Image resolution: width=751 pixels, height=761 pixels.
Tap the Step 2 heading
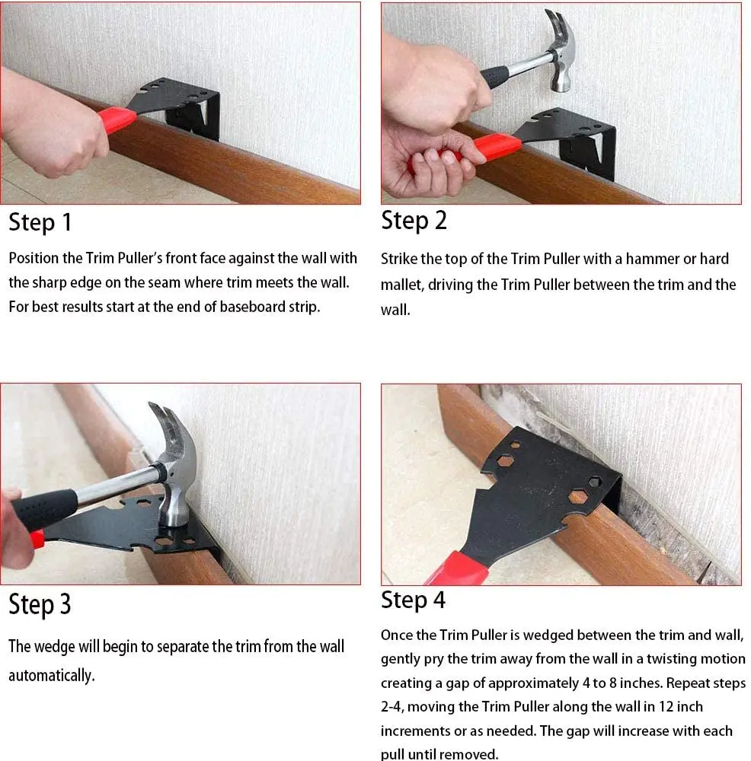(414, 221)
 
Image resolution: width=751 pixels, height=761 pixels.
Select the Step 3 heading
(40, 605)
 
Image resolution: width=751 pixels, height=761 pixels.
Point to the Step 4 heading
(413, 600)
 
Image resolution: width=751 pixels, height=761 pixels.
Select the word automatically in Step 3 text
(51, 676)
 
